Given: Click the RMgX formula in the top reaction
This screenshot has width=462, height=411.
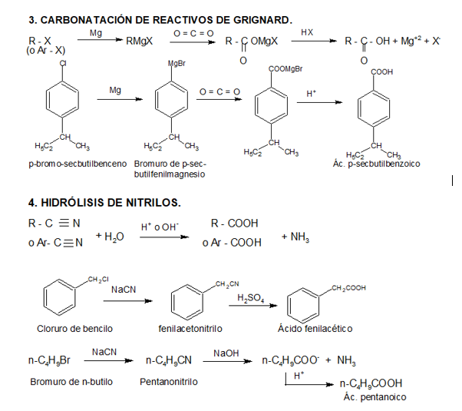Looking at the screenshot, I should (140, 41).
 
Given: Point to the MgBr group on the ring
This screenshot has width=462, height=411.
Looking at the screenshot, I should (176, 62).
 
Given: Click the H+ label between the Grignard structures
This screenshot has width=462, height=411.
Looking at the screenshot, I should (311, 94).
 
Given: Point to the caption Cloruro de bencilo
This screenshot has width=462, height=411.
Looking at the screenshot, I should (69, 329).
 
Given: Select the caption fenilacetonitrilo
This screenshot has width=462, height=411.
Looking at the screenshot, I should (190, 329).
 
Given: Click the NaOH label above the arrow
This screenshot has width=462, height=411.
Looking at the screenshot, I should (226, 352).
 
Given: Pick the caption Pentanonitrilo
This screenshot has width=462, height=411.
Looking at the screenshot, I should (169, 381).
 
